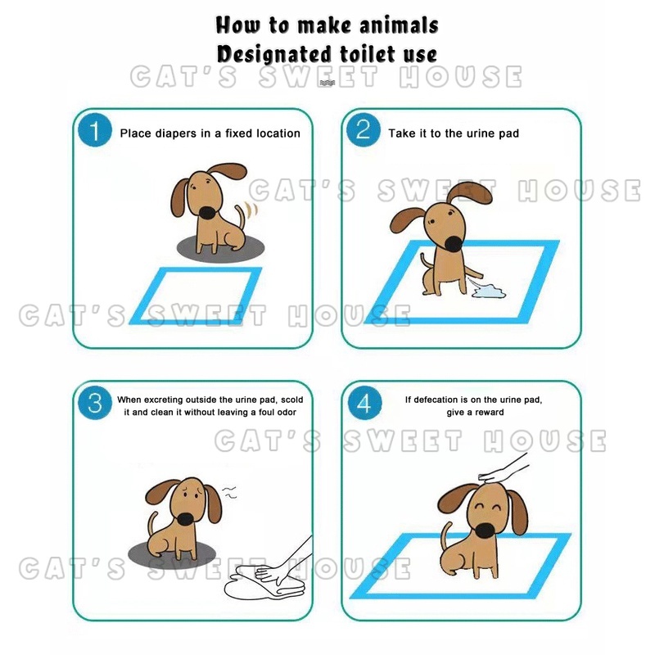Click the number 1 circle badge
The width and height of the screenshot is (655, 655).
(x=95, y=130)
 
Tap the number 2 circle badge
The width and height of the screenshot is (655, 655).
(x=364, y=130)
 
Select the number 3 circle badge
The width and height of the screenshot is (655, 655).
(x=95, y=403)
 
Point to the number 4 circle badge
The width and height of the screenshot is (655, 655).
(x=364, y=403)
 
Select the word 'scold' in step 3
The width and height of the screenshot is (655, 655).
(x=292, y=400)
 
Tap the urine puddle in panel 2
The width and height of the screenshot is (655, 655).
(x=488, y=291)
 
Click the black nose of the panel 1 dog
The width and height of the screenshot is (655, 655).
(x=209, y=213)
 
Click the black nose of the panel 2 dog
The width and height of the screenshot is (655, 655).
(x=454, y=244)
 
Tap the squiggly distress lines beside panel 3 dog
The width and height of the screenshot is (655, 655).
(x=230, y=492)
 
